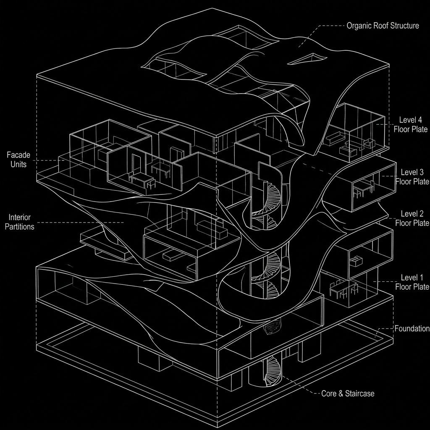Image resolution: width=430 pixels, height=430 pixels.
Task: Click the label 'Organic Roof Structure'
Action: pyautogui.click(x=383, y=26)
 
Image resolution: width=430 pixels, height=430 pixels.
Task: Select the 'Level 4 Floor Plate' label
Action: pyautogui.click(x=410, y=124)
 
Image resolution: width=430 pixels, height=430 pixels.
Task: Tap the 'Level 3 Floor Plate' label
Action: pyautogui.click(x=412, y=177)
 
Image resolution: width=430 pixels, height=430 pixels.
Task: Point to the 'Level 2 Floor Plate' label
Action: pyautogui.click(x=412, y=218)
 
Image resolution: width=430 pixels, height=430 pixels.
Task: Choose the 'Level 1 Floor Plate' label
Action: pyautogui.click(x=412, y=282)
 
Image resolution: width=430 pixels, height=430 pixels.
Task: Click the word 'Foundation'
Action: pyautogui.click(x=412, y=328)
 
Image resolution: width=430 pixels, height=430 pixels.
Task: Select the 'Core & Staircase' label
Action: pyautogui.click(x=347, y=393)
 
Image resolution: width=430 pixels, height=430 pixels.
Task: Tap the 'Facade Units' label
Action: pyautogui.click(x=18, y=160)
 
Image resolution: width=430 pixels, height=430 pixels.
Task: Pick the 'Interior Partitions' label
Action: pyautogui.click(x=21, y=222)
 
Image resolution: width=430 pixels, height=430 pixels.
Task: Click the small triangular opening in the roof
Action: pyautogui.click(x=307, y=59)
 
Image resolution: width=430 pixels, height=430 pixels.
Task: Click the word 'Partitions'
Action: pyautogui.click(x=21, y=227)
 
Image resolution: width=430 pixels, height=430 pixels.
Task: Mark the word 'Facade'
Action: pyautogui.click(x=18, y=155)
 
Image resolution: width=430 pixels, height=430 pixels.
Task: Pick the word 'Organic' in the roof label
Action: pyautogui.click(x=358, y=26)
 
